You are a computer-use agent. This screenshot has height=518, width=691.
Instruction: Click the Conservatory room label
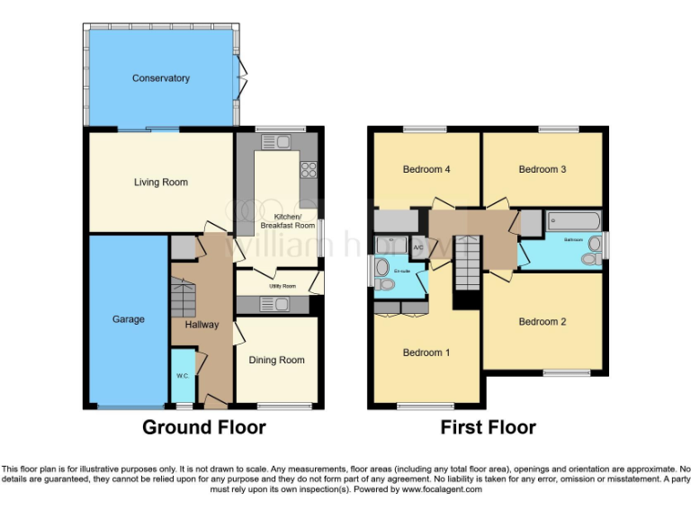161,78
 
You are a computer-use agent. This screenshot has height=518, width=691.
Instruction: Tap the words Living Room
161,183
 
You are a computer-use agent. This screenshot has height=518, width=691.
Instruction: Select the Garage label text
128,319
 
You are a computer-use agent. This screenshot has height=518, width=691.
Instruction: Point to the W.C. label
182,376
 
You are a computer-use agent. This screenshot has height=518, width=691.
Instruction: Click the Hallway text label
202,325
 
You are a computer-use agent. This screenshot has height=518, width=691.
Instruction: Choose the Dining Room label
276,361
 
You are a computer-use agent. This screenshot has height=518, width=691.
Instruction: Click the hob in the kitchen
308,168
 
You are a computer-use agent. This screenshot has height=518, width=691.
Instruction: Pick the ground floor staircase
184,295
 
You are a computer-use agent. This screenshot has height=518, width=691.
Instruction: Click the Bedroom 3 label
542,169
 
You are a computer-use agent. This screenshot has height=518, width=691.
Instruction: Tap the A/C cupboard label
418,246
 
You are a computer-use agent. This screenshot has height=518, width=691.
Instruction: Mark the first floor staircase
467,263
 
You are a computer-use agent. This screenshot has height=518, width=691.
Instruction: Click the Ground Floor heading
203,427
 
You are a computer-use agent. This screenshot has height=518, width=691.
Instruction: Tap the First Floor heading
488,427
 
